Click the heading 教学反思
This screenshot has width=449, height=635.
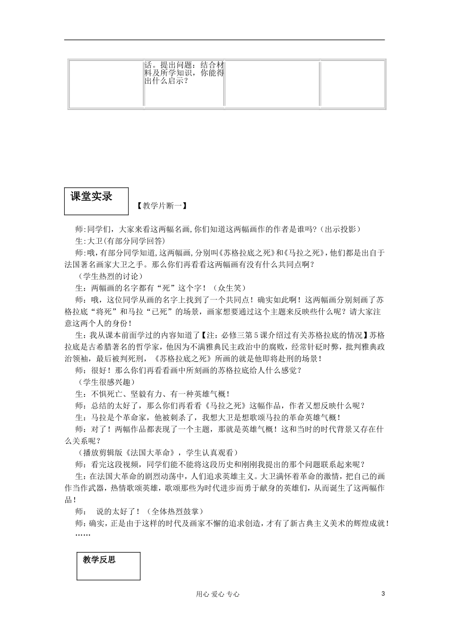(x=99, y=560)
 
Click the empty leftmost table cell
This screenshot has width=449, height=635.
(x=106, y=83)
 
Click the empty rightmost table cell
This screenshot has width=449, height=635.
(x=353, y=83)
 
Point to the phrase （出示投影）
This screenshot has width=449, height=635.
(x=340, y=229)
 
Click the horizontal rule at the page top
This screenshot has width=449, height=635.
(x=224, y=40)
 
